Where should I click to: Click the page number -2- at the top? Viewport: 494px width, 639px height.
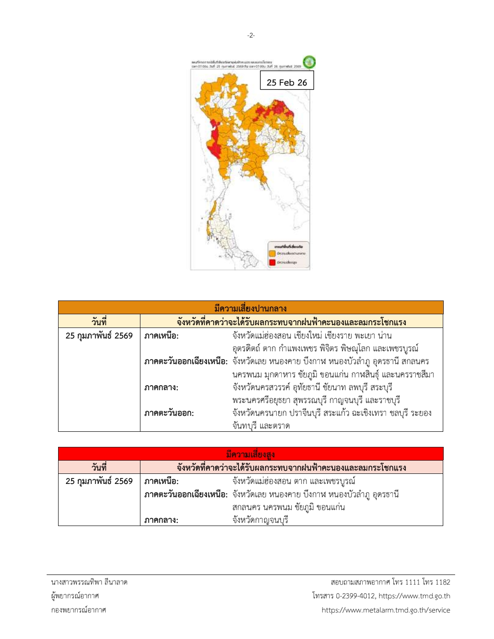[x=251, y=35]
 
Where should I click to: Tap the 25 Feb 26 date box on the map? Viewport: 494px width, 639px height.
[x=287, y=82]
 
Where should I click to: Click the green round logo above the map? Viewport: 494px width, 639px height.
[x=309, y=62]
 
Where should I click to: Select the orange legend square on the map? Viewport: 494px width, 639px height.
[x=272, y=253]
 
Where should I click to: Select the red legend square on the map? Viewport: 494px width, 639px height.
[x=272, y=262]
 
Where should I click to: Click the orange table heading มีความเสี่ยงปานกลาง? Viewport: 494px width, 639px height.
[x=250, y=308]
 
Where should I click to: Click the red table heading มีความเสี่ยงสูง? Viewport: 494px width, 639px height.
[x=250, y=454]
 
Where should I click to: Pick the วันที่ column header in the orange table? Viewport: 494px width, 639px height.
[x=99, y=322]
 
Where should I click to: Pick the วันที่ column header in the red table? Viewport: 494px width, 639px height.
[x=99, y=467]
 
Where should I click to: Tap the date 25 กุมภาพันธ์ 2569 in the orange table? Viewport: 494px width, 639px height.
[x=99, y=336]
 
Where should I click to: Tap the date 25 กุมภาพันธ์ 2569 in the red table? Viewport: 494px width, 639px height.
[x=99, y=481]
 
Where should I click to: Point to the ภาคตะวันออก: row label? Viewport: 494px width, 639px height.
[x=169, y=413]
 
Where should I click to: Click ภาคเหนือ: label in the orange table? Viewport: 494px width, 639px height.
[x=161, y=336]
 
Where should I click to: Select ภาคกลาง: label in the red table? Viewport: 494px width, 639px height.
[x=161, y=520]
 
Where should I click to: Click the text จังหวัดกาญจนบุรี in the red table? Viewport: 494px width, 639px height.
[x=260, y=520]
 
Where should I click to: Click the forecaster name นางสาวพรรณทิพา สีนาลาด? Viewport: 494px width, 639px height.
[x=89, y=582]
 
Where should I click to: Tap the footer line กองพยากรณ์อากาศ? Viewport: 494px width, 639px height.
[x=79, y=610]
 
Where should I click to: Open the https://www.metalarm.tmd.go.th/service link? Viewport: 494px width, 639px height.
[x=386, y=610]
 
